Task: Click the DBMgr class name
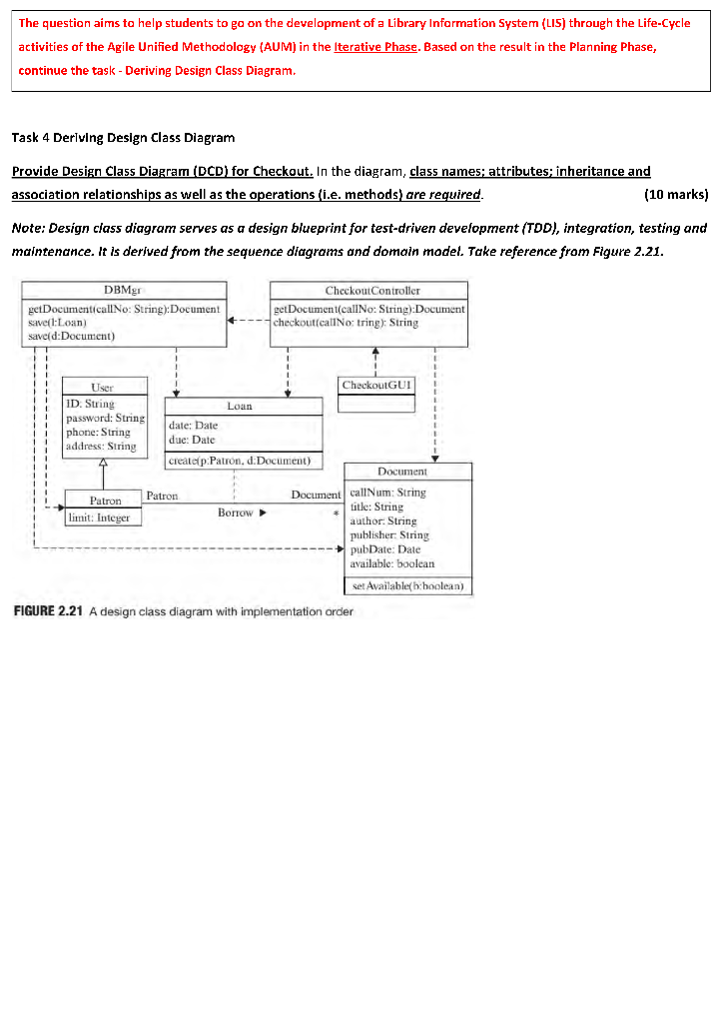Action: [121, 291]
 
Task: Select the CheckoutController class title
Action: [368, 291]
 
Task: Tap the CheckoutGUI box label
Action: [375, 385]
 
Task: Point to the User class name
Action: [102, 387]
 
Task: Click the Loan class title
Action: [240, 407]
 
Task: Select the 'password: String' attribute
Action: [104, 418]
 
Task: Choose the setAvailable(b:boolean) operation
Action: [407, 585]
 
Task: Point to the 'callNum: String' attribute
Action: [387, 493]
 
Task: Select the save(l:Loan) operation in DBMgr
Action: [55, 323]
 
